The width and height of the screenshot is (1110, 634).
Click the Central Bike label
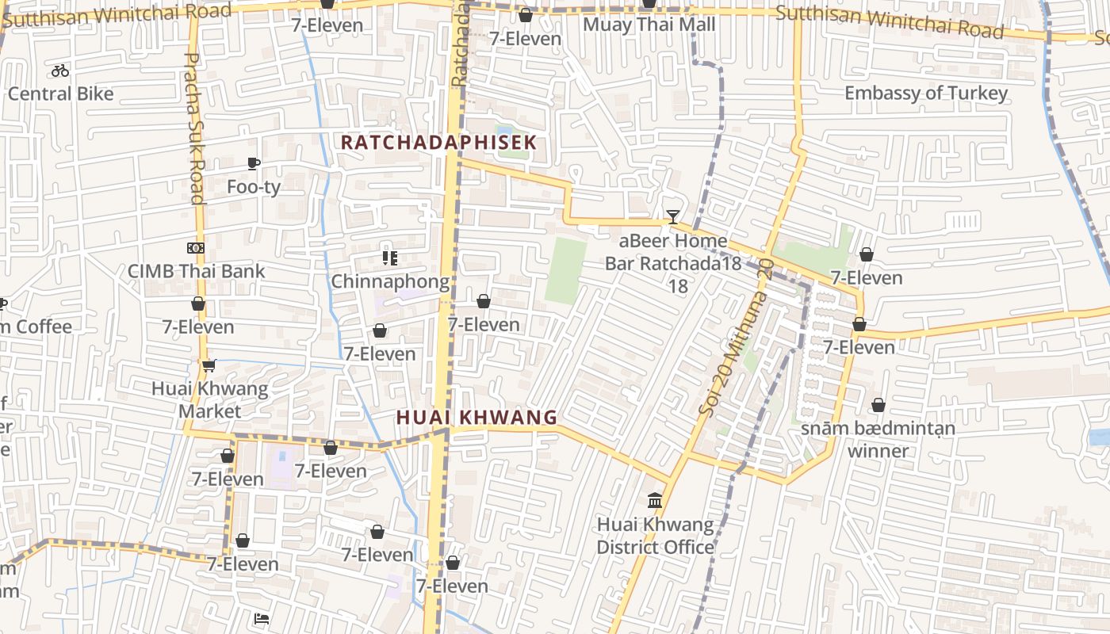61,94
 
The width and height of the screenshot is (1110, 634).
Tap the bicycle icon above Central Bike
60,71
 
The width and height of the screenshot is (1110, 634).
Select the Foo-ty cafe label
253,187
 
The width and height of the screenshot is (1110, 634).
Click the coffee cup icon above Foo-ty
253,164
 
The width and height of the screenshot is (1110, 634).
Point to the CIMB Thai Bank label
197,271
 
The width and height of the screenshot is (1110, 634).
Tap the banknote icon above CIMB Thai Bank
196,248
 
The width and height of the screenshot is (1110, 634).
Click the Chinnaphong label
389,281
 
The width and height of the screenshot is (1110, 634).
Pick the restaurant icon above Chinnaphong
389,258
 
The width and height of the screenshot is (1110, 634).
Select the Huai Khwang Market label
210,400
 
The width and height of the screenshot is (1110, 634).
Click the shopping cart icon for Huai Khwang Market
209,365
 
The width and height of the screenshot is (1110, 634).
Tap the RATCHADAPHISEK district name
438,143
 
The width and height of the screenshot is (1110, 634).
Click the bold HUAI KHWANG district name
477,418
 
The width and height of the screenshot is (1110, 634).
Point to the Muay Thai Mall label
649,25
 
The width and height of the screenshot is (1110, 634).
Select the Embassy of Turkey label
926,93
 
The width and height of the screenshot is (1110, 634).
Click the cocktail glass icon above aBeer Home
672,216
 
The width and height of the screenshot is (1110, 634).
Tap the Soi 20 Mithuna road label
735,336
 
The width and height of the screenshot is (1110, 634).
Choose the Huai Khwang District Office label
655,536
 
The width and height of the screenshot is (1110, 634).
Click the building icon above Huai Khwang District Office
655,500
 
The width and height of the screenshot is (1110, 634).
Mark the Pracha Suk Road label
194,128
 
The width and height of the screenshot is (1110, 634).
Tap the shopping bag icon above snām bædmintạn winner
878,405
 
